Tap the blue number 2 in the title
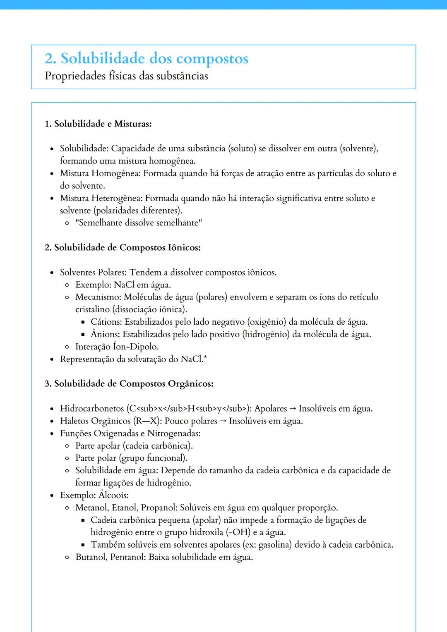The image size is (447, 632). point(50,59)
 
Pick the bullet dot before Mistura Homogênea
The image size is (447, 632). point(52,174)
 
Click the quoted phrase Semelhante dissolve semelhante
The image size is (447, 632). point(139,223)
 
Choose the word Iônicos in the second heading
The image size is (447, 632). point(184,248)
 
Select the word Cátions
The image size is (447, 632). point(106,322)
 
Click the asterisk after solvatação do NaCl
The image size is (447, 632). point(205,357)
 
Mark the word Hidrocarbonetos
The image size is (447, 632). point(92,409)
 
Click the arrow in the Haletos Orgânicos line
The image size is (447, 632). point(223,421)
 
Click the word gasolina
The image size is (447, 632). point(275,545)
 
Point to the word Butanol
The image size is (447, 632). point(91,557)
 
